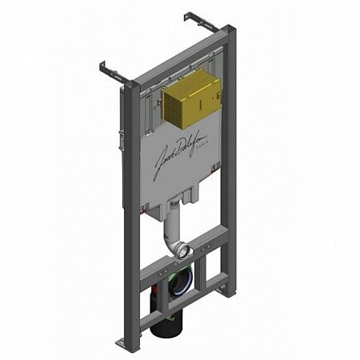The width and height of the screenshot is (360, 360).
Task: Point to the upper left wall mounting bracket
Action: pyautogui.click(x=111, y=72)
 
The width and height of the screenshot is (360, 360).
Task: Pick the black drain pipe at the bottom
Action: pyautogui.click(x=170, y=324)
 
